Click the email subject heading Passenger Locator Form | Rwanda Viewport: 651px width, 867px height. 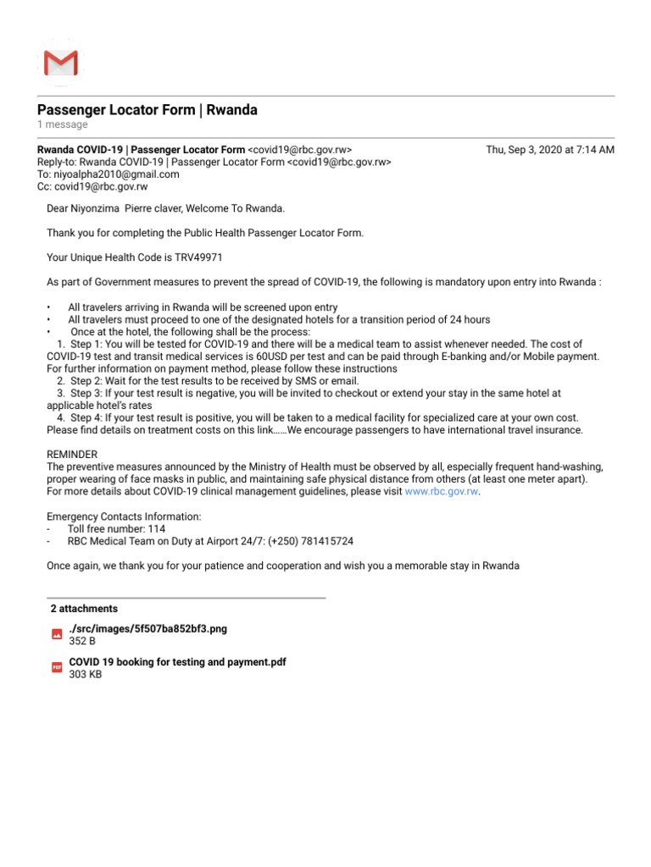coord(147,110)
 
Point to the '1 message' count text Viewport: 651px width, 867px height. coord(62,125)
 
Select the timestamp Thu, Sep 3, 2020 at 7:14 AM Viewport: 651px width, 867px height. coord(549,150)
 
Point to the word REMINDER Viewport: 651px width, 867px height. coord(72,455)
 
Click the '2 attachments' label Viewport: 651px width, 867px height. coord(84,609)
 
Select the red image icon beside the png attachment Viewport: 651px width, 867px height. coord(57,634)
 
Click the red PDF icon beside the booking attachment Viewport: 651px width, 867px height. coord(57,667)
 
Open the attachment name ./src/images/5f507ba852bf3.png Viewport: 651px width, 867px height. coord(147,629)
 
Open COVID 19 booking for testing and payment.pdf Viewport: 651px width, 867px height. coord(177,662)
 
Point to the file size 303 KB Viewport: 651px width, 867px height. coord(85,675)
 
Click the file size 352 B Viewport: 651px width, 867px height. coord(82,642)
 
